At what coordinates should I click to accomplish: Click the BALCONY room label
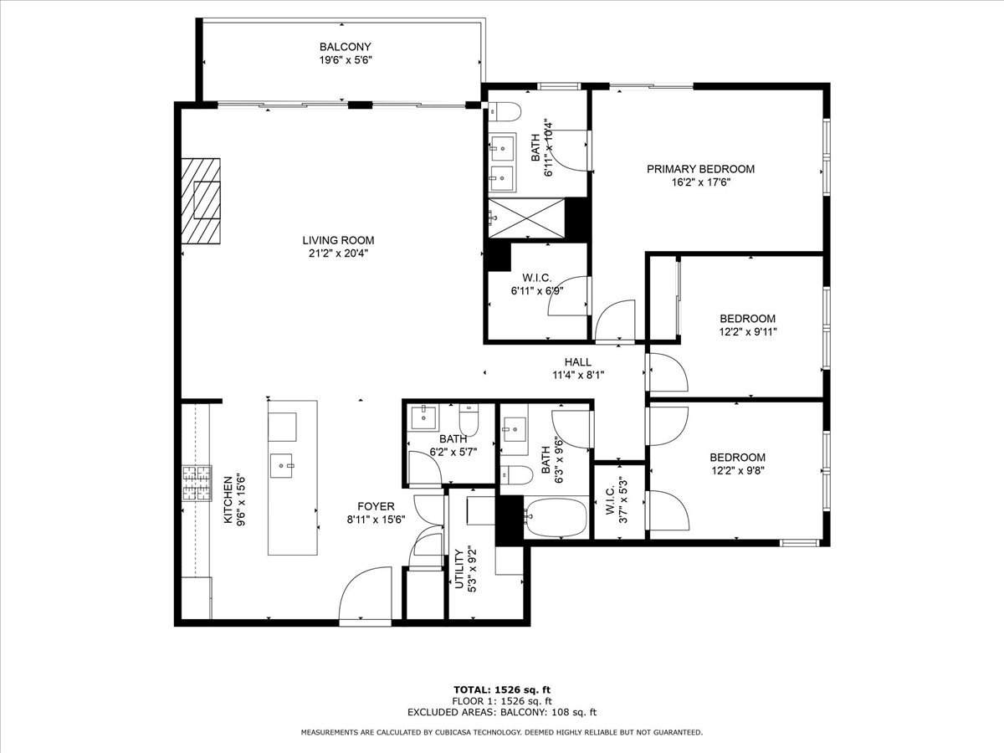click(345, 47)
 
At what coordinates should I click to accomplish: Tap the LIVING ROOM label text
click(338, 240)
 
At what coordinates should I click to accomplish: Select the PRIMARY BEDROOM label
click(700, 169)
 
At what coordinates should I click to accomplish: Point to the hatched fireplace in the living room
click(201, 201)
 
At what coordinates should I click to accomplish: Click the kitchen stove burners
click(197, 484)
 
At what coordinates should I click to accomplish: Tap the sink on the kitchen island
click(281, 465)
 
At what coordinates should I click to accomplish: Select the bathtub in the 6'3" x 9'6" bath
click(556, 517)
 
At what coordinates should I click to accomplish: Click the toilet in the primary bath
click(505, 112)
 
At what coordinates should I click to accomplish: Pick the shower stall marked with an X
click(526, 218)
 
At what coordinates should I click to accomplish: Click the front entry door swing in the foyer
click(365, 594)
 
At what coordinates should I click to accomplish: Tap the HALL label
click(577, 362)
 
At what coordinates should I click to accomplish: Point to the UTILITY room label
click(459, 569)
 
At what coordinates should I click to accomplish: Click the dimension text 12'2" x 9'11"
click(748, 332)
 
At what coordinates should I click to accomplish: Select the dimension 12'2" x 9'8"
click(738, 470)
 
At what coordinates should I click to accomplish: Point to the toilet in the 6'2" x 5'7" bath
click(469, 420)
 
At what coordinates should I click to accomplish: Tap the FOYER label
click(376, 506)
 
